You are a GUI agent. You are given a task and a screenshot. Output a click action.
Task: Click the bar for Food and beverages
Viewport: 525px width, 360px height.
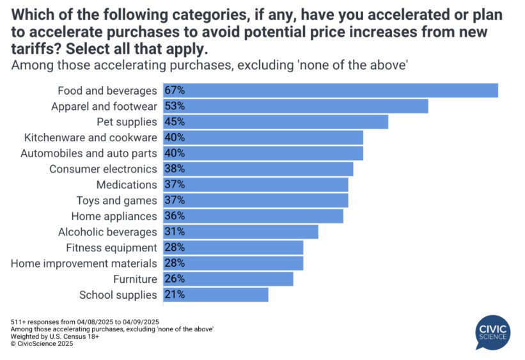[x=330, y=90]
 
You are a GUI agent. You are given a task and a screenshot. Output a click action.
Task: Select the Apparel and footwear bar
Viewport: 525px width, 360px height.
[x=295, y=106]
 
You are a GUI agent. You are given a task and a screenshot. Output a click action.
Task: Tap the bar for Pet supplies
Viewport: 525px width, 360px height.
[x=275, y=121]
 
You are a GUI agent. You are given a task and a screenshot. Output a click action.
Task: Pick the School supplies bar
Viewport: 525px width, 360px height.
[x=215, y=295]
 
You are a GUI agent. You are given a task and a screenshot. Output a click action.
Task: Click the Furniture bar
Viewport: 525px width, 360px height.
[x=228, y=279]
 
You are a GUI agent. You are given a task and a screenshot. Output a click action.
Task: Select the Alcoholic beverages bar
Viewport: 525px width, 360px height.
[x=240, y=232]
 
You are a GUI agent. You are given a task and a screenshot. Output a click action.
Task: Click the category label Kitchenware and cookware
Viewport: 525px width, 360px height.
[x=90, y=137]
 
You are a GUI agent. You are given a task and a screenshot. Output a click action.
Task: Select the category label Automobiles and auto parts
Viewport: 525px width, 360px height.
[x=88, y=153]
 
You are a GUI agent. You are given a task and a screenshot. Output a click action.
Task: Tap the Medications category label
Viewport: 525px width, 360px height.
[x=126, y=185]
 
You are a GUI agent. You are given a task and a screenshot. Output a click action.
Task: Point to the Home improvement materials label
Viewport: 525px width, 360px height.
[x=84, y=263]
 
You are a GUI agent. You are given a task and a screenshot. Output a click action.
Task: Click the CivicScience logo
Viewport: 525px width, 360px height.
[x=492, y=332]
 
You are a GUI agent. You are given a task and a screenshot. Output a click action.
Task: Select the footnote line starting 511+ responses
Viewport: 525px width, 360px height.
[x=85, y=321]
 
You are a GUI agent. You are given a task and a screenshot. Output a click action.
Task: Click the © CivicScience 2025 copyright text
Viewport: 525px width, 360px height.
[x=42, y=343]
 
